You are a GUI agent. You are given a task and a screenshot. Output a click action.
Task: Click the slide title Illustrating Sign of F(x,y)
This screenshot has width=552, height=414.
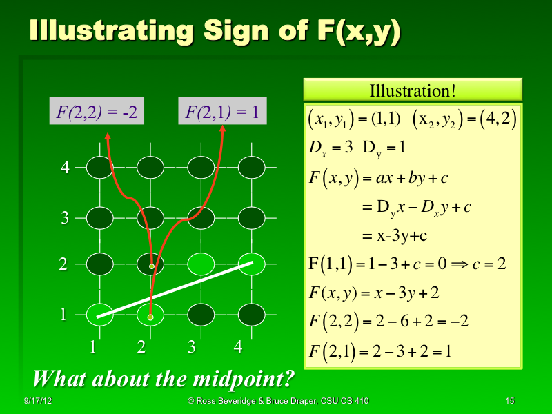click(214, 32)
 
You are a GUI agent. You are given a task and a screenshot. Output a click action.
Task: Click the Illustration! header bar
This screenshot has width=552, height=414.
click(413, 90)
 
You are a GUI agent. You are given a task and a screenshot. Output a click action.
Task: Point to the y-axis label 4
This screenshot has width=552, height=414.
click(64, 168)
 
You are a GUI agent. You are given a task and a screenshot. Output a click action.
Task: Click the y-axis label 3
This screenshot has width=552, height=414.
click(64, 219)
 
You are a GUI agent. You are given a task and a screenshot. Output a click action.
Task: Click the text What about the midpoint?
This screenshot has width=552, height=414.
click(164, 379)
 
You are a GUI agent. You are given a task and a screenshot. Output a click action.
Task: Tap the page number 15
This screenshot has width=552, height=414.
click(510, 401)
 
